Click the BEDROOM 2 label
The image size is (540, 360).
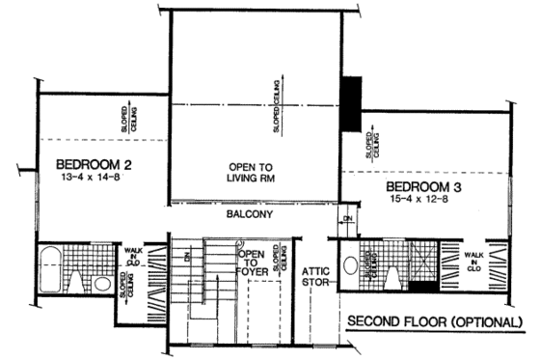[x=93, y=164]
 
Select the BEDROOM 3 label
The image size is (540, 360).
[x=424, y=185]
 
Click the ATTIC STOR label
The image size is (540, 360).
[x=315, y=277]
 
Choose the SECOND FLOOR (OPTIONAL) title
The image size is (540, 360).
[x=435, y=320]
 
